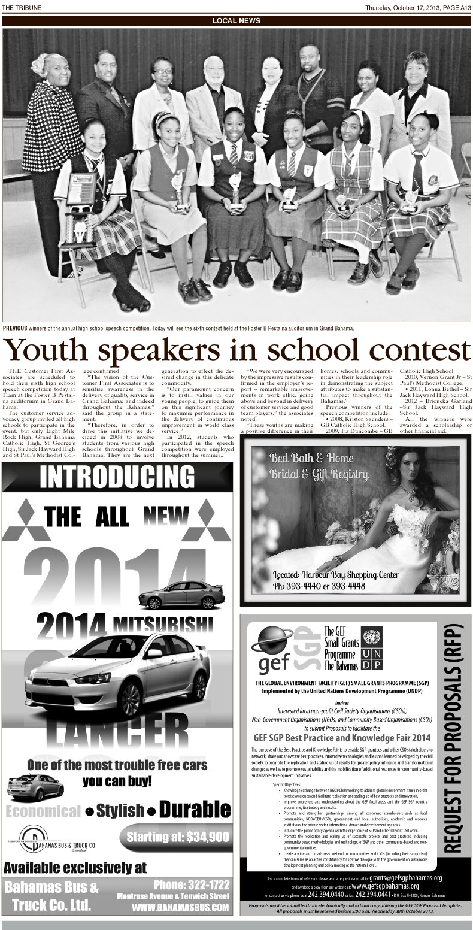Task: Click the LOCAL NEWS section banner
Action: coord(236,21)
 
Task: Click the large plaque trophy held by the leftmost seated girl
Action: coord(81,195)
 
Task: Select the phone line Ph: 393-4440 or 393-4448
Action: coord(319,585)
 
